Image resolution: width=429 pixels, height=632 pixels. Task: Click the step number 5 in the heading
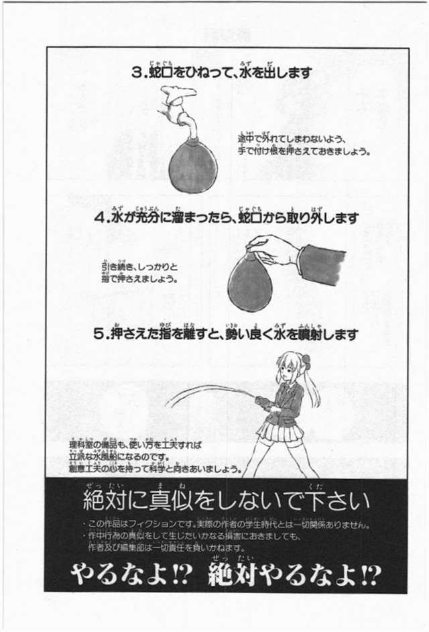coord(98,333)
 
